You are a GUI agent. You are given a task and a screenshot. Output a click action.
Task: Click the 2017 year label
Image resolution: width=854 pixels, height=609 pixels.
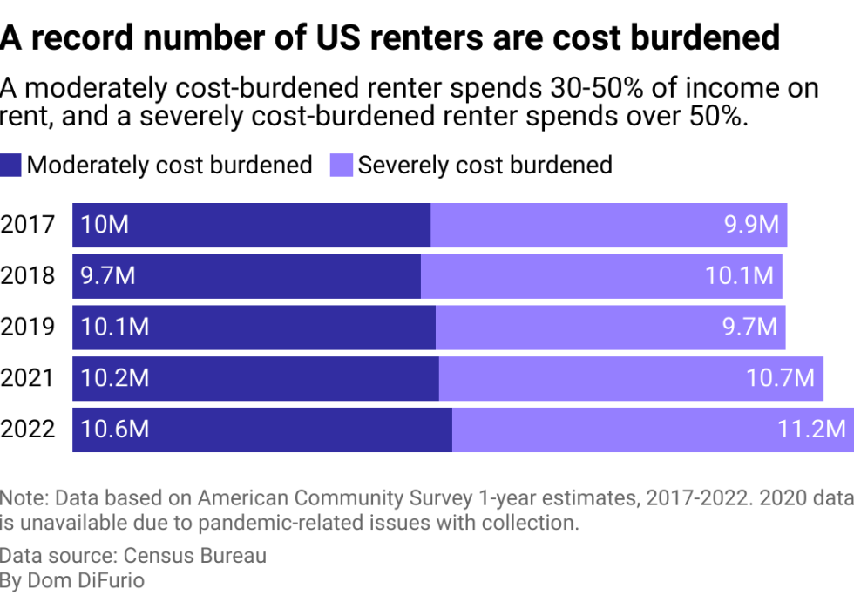tap(28, 225)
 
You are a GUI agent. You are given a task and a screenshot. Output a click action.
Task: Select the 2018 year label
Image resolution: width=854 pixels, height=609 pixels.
tap(28, 276)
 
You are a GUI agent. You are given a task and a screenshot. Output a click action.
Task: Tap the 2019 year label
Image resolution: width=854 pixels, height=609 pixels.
tap(28, 327)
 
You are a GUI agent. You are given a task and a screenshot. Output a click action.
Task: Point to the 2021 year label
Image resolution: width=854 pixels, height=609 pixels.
tap(28, 378)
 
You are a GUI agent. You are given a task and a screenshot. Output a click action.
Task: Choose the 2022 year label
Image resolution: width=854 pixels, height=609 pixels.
tap(28, 429)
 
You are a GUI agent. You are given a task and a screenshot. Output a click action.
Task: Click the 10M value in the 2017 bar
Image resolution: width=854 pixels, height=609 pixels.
tap(105, 225)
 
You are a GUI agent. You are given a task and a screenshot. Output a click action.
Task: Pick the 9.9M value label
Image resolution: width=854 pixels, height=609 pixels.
tap(751, 225)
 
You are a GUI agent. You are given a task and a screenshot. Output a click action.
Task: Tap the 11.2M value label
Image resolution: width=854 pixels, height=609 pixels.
tap(811, 429)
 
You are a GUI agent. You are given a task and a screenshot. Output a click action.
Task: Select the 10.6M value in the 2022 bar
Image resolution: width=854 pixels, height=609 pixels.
tap(114, 429)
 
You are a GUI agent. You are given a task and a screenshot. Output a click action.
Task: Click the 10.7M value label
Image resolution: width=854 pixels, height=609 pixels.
tap(780, 378)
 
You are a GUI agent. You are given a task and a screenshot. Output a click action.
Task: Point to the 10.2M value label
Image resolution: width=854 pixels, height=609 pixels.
tap(114, 378)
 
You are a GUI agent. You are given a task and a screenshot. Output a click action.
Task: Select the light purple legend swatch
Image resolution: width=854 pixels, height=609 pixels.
tap(342, 165)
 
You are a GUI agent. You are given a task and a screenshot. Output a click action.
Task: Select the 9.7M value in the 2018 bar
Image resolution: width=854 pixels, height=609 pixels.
tap(108, 276)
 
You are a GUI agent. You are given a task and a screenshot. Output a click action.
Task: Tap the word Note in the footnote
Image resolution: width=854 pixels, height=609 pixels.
tap(24, 498)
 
